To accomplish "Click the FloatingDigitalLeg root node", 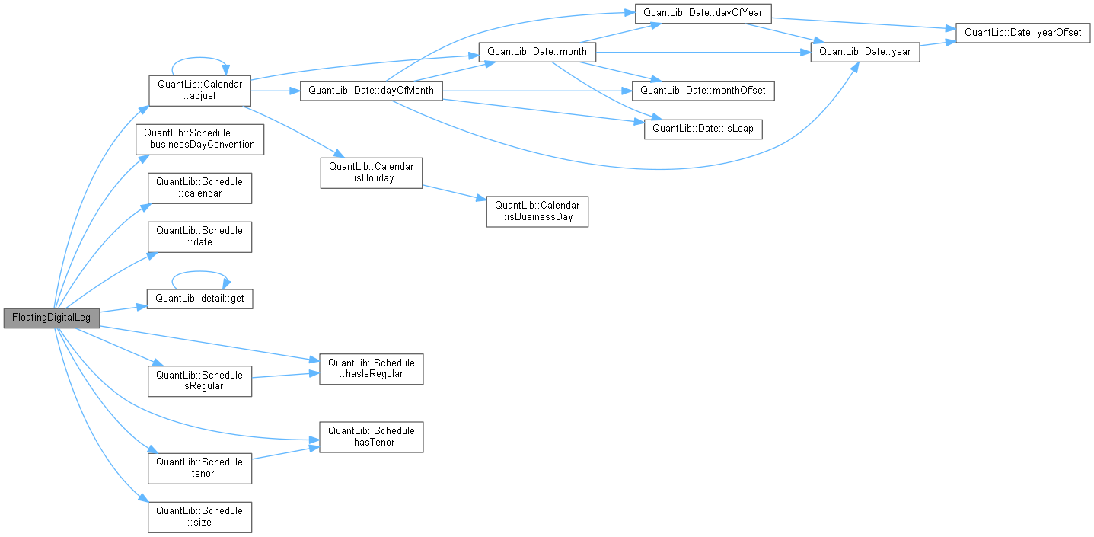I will (x=51, y=318).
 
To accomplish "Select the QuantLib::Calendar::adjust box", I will (x=199, y=90).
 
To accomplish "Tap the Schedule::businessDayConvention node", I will (x=199, y=139).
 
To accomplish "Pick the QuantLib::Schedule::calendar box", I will (x=199, y=187).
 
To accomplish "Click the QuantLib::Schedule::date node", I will (x=199, y=236).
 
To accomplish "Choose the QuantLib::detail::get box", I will (x=199, y=298).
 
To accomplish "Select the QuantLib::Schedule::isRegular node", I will (x=199, y=381).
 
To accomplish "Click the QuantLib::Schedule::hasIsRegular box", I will (x=371, y=369).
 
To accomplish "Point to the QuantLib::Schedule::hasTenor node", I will (x=371, y=436).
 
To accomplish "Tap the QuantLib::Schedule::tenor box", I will (x=199, y=468).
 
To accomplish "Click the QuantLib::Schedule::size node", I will (x=199, y=516).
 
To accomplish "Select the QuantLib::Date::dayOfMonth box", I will (x=371, y=91).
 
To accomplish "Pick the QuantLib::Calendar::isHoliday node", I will (x=371, y=172).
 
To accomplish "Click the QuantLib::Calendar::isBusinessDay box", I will (x=537, y=211).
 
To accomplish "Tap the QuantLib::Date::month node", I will (x=537, y=52).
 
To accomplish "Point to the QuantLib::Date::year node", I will (x=865, y=52).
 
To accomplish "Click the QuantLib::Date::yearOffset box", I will (x=1022, y=33).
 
